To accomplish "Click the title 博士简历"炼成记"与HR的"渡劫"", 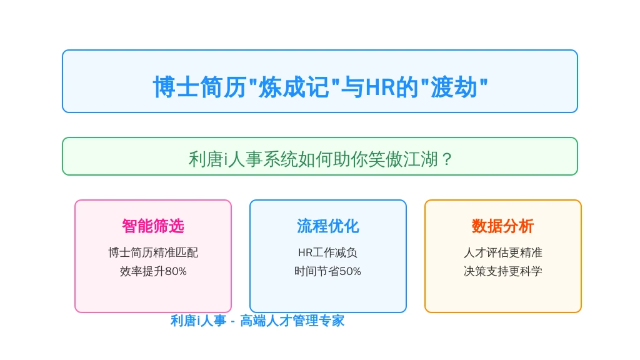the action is click(321, 87).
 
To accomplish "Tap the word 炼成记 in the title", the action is click(294, 87).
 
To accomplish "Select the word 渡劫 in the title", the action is click(454, 87).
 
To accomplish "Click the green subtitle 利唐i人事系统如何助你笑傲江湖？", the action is click(321, 159).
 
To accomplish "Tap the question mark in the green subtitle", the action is click(447, 159).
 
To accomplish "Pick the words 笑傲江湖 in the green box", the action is click(403, 159).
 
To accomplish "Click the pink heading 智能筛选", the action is click(153, 226).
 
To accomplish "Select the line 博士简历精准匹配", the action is click(153, 252).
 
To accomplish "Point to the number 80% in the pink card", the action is click(176, 271).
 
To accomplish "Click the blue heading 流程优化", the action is click(327, 226).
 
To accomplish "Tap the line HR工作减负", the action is click(327, 252).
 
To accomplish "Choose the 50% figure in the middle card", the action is click(351, 271).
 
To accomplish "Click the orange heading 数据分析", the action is click(503, 226).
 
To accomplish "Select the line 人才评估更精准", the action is click(503, 252).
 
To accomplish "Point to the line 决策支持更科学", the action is click(503, 271).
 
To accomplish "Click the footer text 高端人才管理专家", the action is click(292, 321).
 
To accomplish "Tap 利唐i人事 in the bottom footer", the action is click(198, 321).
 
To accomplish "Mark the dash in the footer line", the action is click(232, 322).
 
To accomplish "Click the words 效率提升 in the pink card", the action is click(142, 271).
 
